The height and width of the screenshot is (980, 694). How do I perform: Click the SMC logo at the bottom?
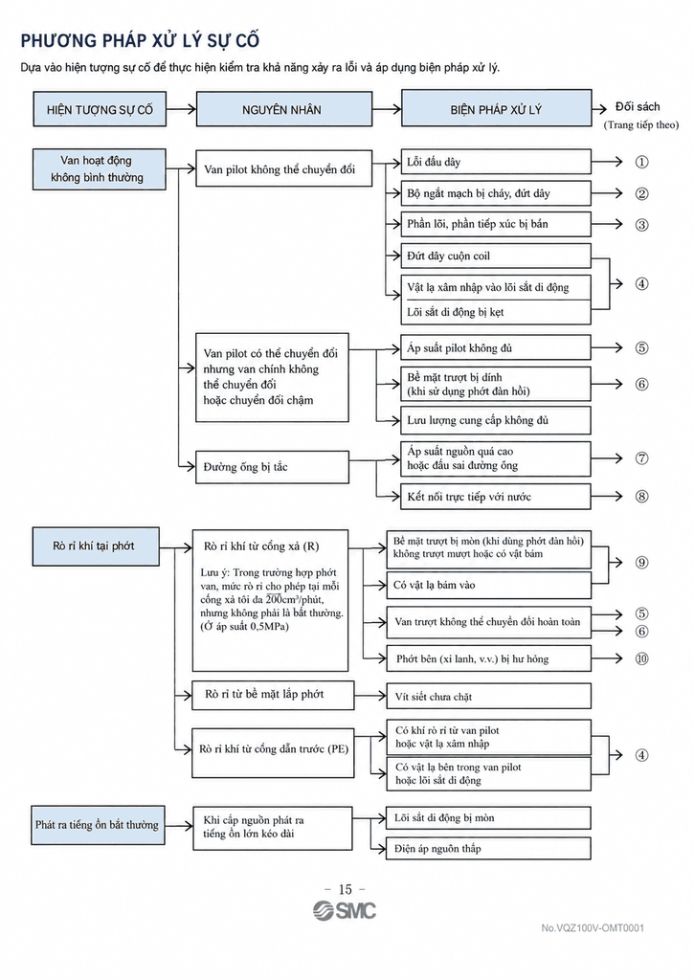(x=345, y=911)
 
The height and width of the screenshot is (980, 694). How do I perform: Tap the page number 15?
(x=346, y=889)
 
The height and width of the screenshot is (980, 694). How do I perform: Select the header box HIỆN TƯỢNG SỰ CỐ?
(x=100, y=109)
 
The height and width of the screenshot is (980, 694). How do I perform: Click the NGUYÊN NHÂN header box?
(x=284, y=109)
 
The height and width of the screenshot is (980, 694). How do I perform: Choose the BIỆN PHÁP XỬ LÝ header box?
(x=496, y=109)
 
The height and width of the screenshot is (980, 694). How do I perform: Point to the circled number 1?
(x=641, y=162)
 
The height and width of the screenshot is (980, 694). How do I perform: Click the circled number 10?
(x=641, y=658)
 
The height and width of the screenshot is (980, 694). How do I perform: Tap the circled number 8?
(x=641, y=497)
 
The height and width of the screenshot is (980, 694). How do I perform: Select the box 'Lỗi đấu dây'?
(x=496, y=162)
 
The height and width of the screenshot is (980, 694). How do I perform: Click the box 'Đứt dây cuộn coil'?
(x=496, y=256)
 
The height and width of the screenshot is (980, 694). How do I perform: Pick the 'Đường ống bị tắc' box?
(x=272, y=467)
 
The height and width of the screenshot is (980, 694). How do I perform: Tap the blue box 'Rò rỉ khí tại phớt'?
(x=96, y=546)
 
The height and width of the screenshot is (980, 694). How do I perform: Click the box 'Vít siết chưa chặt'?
(x=488, y=697)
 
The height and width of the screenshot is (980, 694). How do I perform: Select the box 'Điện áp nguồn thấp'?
(x=488, y=848)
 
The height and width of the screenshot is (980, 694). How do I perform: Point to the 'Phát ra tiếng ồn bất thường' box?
(x=99, y=825)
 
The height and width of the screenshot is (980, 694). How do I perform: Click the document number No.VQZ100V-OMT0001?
(x=593, y=928)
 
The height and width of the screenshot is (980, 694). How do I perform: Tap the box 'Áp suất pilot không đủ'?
(x=496, y=348)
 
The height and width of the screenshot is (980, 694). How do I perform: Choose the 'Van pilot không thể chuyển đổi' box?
(x=284, y=168)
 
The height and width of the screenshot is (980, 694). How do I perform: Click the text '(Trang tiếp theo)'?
(x=640, y=125)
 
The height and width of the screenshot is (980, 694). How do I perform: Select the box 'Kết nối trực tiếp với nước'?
(x=496, y=497)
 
